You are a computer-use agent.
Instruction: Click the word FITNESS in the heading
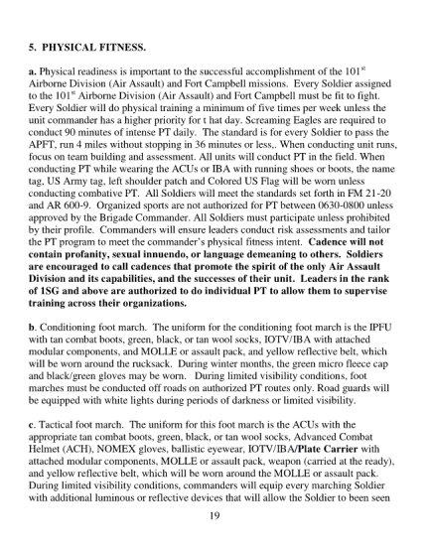[129, 45]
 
